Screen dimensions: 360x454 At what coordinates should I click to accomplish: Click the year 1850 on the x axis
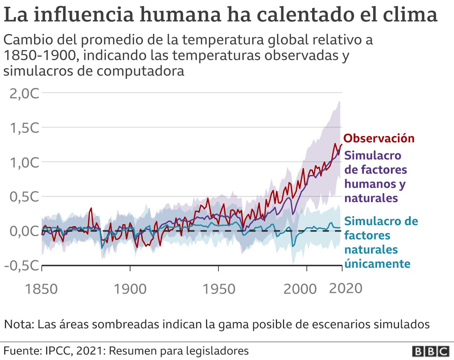[42, 289]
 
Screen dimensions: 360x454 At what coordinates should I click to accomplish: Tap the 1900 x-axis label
[130, 289]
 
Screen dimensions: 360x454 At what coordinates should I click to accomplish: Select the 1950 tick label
[218, 289]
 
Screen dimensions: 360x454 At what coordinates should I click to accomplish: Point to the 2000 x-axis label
[300, 289]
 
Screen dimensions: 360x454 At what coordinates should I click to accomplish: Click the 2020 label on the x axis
[346, 288]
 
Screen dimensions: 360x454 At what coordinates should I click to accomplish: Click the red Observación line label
[379, 138]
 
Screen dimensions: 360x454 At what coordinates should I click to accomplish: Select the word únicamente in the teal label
[377, 264]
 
